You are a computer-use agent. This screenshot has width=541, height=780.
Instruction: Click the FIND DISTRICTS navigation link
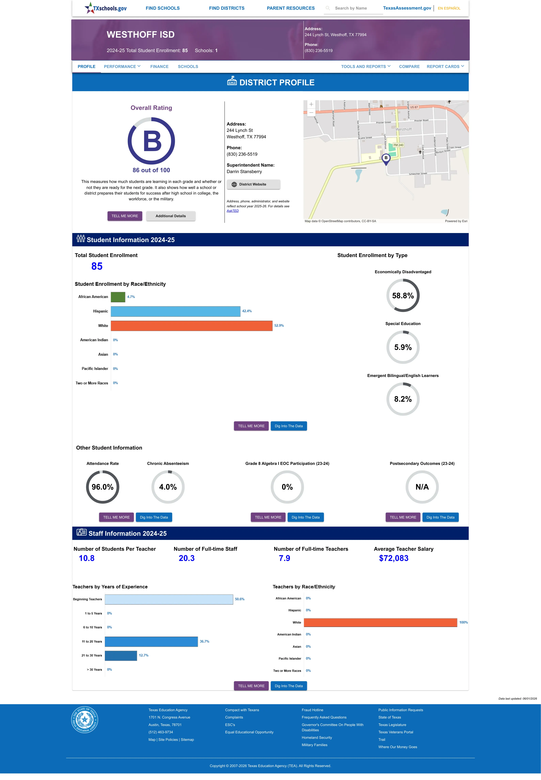[x=226, y=8]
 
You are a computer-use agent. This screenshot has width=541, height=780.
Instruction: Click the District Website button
[x=253, y=184]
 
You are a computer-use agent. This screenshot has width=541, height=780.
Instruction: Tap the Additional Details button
[x=170, y=216]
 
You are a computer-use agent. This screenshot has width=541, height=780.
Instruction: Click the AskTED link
[x=233, y=211]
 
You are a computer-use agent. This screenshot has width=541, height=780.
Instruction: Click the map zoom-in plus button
[x=311, y=104]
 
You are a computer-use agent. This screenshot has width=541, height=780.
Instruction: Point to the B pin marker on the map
[x=386, y=159]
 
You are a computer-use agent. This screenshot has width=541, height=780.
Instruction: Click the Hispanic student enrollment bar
[x=176, y=311]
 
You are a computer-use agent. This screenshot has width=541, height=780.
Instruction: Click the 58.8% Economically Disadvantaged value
[x=403, y=296]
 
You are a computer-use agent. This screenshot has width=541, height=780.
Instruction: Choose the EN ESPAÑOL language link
[x=449, y=8]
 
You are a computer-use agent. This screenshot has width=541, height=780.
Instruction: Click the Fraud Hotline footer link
[x=312, y=710]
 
